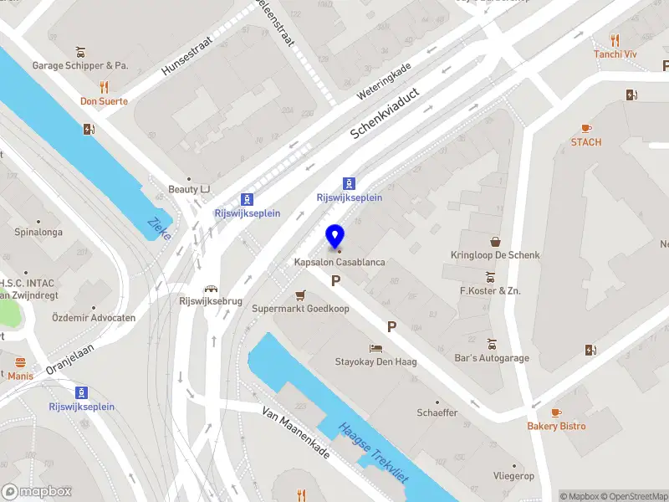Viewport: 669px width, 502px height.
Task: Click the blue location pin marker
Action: point(335,236)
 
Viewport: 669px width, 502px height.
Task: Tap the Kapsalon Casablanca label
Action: point(340,263)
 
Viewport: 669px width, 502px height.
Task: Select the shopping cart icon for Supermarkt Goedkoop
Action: point(301,295)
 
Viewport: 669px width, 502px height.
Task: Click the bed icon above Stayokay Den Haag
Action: point(376,347)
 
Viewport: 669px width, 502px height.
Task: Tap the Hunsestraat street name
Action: point(188,56)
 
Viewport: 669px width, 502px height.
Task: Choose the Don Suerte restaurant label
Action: point(104,101)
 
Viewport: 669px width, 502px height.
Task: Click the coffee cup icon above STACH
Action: point(586,128)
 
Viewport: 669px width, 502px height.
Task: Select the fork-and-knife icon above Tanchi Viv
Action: point(615,40)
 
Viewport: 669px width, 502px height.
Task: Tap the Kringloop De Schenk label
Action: point(495,255)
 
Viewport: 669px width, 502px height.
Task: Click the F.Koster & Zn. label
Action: point(490,290)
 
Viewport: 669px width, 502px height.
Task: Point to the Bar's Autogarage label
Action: point(493,358)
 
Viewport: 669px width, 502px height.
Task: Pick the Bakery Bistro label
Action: point(556,426)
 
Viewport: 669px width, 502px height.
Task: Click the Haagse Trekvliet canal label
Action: point(373,453)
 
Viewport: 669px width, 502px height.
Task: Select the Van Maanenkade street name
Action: point(296,433)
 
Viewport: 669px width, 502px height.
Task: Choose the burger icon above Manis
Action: point(21,362)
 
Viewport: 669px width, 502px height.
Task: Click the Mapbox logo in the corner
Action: point(37,492)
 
